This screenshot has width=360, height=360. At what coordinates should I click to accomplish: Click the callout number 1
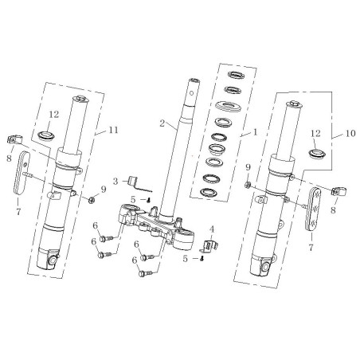tap(255, 132)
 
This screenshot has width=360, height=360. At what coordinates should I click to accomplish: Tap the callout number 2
tap(162, 123)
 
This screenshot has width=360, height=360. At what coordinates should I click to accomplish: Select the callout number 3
tap(115, 182)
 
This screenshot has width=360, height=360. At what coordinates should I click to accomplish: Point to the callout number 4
tap(212, 229)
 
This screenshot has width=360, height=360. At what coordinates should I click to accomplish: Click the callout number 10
tap(350, 133)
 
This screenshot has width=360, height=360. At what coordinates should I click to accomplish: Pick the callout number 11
tap(113, 130)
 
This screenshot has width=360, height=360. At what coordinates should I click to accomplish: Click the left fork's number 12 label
tap(54, 115)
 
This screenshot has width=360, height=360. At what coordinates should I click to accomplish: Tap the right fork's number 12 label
tap(315, 133)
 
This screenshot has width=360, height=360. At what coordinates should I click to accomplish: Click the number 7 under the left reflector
tap(18, 212)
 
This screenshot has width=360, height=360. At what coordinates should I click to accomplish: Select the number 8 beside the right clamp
tap(333, 210)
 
